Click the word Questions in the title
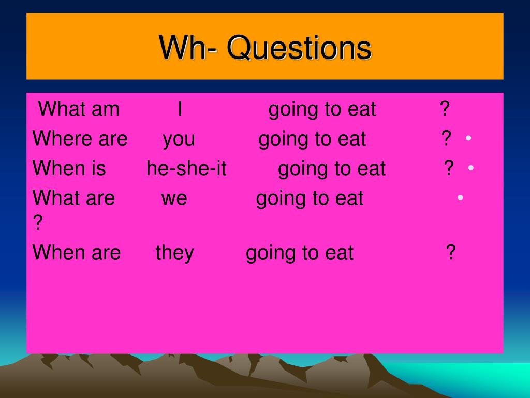[299, 48]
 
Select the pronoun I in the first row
[180, 109]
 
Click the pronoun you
[179, 140]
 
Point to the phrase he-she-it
[186, 168]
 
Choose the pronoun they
[174, 253]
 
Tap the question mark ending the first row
[445, 109]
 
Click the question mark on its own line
[38, 223]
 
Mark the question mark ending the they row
[451, 252]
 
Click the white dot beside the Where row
[468, 138]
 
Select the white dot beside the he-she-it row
[471, 167]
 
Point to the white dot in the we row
[460, 197]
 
